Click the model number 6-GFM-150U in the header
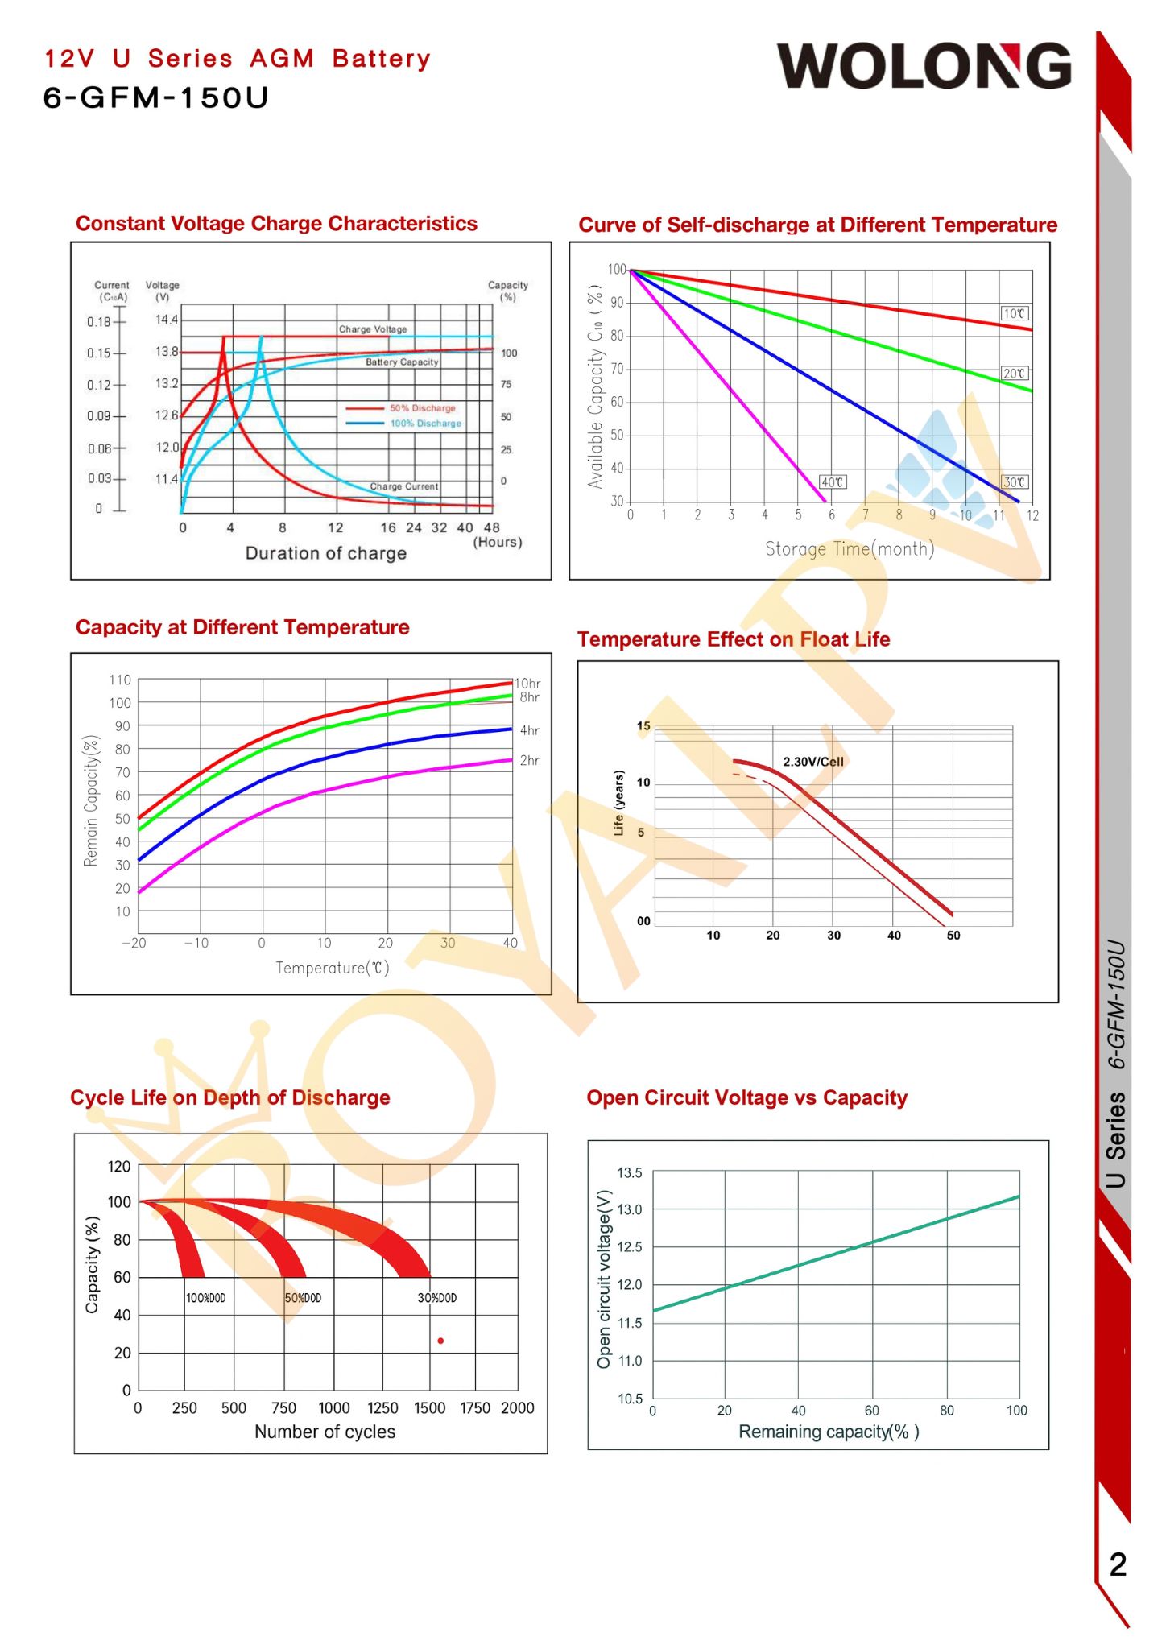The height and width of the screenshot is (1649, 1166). tap(155, 97)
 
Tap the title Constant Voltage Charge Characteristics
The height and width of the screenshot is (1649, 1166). tap(276, 224)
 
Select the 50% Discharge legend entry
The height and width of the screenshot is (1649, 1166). tap(422, 408)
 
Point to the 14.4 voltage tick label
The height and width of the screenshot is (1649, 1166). tap(167, 320)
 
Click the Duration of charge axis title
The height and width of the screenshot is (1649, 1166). tap(325, 553)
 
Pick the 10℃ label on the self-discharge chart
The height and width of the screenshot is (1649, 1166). tap(1014, 313)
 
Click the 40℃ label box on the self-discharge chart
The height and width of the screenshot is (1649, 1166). tap(832, 482)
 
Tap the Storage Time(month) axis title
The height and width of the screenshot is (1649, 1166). tap(849, 549)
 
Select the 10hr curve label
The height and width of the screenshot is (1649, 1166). tap(527, 684)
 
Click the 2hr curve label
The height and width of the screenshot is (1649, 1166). tap(529, 760)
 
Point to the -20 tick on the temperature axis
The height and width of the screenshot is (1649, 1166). tap(134, 943)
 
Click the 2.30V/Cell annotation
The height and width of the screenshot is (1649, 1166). tap(813, 762)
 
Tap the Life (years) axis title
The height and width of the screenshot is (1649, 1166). tap(618, 803)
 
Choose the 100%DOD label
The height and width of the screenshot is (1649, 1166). tap(206, 1298)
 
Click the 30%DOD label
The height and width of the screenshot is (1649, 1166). tap(437, 1298)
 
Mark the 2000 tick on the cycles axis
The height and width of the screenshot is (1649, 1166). tap(517, 1407)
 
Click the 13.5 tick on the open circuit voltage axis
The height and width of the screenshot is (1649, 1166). tap(630, 1173)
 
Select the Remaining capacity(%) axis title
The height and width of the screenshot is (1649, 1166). tap(829, 1431)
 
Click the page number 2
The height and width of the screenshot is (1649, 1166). tap(1118, 1564)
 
